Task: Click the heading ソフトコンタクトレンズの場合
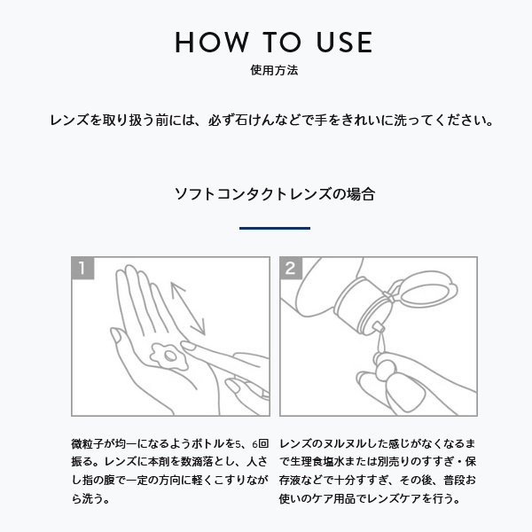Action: pos(275,192)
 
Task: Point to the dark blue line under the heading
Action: pos(275,228)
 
